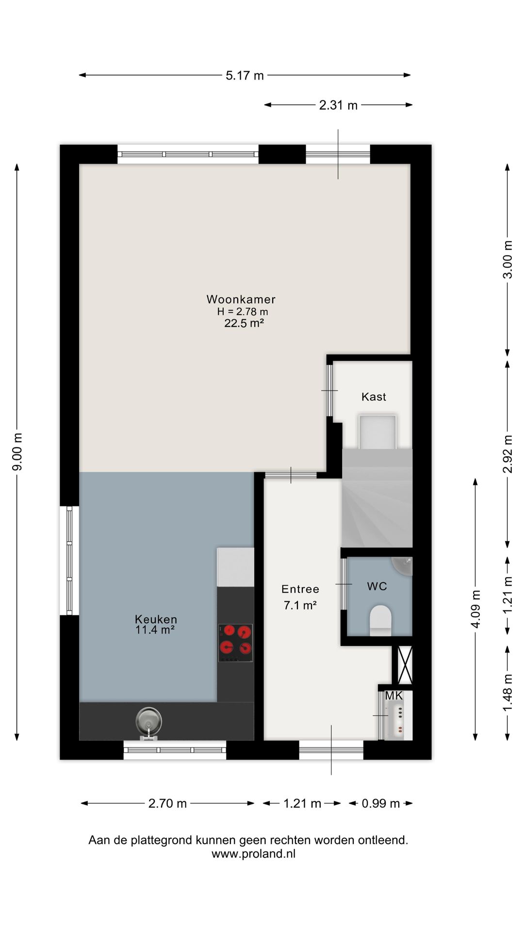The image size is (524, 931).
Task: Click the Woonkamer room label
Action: coord(241,299)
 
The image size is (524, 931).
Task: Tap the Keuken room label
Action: coord(156,619)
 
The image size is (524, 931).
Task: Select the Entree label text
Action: coord(300,589)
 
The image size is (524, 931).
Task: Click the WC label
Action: coord(377,586)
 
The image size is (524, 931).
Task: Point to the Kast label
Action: coord(374,397)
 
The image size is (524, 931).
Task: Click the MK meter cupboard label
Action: coord(393,696)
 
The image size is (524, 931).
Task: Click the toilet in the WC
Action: coord(380,620)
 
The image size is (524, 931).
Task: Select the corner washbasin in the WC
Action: coord(402,566)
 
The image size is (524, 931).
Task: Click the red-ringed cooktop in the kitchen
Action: coord(235,642)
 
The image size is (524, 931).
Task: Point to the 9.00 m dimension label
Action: coord(17,451)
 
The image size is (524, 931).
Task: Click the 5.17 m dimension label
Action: coord(245,75)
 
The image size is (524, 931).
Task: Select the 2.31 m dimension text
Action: coord(338,105)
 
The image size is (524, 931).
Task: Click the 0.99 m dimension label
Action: coord(381,803)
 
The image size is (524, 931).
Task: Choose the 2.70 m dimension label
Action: coord(167,803)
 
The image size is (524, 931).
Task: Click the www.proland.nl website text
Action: coord(253,854)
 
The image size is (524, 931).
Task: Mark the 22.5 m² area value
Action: coord(244,323)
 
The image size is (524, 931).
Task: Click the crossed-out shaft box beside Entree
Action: coord(405,665)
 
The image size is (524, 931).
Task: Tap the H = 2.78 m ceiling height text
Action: coord(243,311)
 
